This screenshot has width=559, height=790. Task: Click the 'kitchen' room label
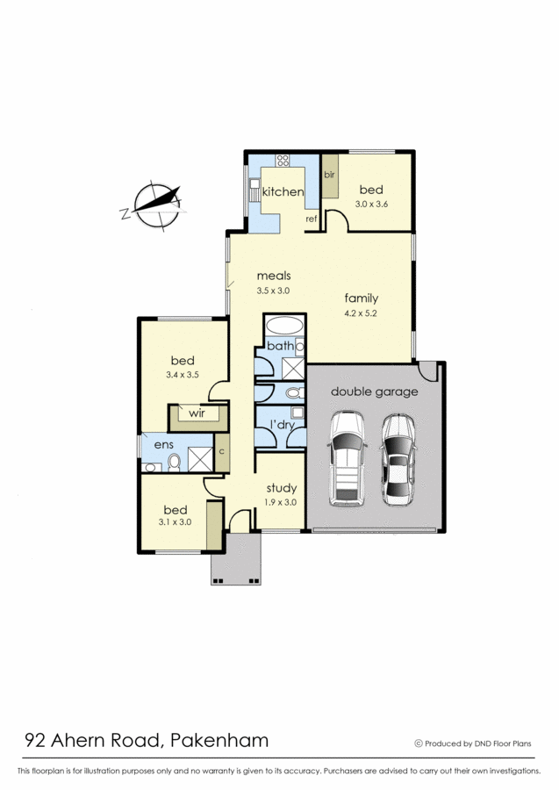[x=283, y=191]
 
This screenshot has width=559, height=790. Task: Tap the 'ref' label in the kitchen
[x=312, y=219]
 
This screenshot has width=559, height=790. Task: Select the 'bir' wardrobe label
[x=329, y=175]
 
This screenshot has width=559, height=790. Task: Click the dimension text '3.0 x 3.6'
[x=371, y=204]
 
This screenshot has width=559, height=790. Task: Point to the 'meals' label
[x=274, y=276]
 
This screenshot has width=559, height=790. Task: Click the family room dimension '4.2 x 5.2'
[x=361, y=312]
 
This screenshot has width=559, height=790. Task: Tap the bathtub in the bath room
[x=284, y=326]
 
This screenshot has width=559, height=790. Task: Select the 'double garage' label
[x=374, y=391]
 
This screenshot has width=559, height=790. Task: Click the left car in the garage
[x=347, y=458]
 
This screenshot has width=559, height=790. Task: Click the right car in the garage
[x=398, y=460]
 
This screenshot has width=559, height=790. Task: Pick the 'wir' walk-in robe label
[x=197, y=413]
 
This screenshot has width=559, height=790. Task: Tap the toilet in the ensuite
[x=175, y=462]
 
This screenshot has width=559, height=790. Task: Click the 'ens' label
[x=164, y=445]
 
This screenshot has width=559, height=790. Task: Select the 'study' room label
[x=282, y=488]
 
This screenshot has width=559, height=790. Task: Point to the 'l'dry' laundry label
[x=282, y=425]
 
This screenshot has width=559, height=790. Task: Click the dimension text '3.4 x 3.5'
[x=183, y=375]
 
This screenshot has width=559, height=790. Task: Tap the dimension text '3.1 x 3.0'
[x=175, y=522]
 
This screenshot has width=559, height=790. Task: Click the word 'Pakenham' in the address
[x=219, y=740]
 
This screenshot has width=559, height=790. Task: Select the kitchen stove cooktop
[x=283, y=161]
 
